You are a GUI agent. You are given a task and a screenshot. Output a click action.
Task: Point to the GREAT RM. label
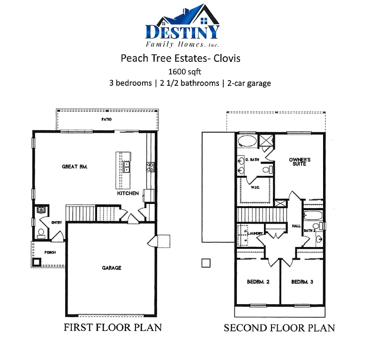tap(75, 166)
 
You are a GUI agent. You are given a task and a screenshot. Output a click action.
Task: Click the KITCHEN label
tap(128, 193)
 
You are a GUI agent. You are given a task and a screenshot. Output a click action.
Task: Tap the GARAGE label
tap(112, 268)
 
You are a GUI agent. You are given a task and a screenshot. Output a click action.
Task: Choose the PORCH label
tap(50, 252)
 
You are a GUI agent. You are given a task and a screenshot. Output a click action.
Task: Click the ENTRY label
tap(56, 222)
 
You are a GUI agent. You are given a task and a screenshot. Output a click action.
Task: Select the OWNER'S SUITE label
tap(300, 162)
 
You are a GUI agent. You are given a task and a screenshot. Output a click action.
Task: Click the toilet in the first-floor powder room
tap(41, 232)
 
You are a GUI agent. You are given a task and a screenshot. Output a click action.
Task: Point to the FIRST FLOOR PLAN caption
tap(113, 327)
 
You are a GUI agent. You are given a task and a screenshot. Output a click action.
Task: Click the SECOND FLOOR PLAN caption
tap(279, 328)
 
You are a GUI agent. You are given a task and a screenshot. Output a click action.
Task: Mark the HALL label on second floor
tap(296, 225)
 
